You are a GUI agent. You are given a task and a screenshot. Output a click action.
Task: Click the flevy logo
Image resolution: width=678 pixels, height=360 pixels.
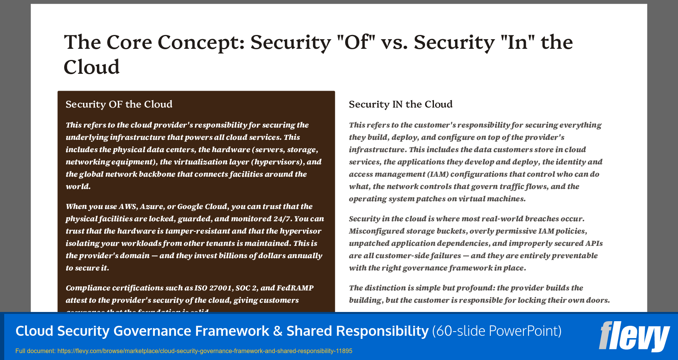634,336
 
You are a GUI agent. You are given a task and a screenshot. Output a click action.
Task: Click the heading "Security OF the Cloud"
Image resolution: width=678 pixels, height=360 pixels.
119,105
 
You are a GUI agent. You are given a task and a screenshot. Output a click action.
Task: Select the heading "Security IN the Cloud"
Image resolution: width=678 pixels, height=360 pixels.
400,105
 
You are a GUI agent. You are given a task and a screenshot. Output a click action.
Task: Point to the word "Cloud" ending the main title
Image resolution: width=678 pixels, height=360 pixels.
91,67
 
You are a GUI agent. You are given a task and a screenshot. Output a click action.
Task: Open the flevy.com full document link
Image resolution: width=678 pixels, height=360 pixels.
204,351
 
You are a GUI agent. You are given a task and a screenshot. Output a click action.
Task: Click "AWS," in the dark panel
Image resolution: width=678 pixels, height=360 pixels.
128,207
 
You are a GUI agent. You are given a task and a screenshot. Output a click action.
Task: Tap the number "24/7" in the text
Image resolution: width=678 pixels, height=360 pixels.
283,219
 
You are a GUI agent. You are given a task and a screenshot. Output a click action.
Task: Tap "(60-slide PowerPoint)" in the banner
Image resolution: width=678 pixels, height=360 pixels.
497,331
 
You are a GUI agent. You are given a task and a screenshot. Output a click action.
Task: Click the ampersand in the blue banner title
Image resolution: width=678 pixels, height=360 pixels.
278,331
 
